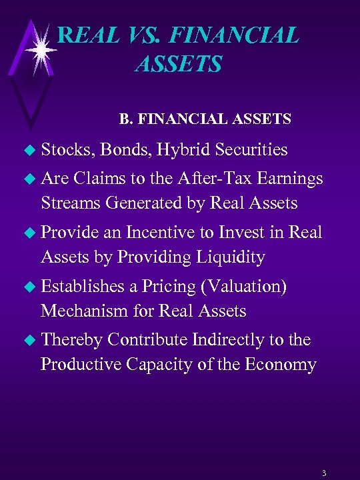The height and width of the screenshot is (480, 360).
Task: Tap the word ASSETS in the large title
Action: (178, 64)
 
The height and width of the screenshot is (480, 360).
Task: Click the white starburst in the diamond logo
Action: (41, 50)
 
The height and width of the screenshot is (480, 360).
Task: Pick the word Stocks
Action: (67, 150)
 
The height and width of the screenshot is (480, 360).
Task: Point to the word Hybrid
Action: (188, 150)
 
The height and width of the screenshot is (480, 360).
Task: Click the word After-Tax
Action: (207, 178)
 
